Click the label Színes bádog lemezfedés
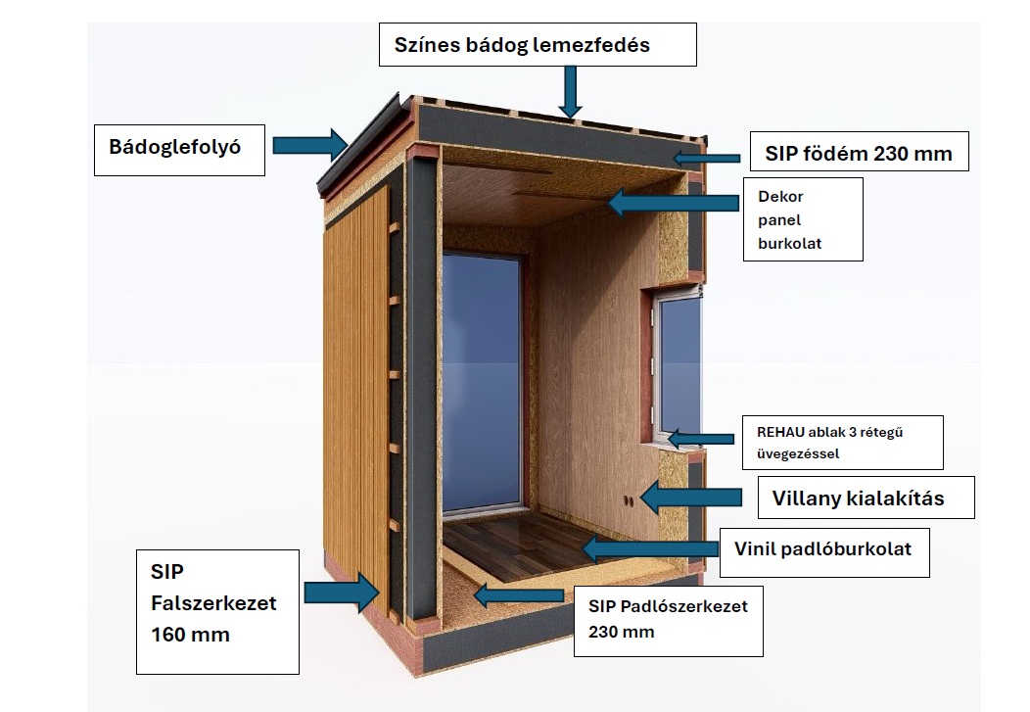pyautogui.click(x=538, y=45)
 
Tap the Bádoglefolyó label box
pyautogui.click(x=180, y=148)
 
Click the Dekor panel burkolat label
pyautogui.click(x=803, y=219)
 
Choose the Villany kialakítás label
pyautogui.click(x=866, y=498)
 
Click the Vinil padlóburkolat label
pyautogui.click(x=823, y=549)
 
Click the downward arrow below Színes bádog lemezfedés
pyautogui.click(x=570, y=96)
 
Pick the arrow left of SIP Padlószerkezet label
pyautogui.click(x=516, y=593)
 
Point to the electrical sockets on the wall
pyautogui.click(x=629, y=501)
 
